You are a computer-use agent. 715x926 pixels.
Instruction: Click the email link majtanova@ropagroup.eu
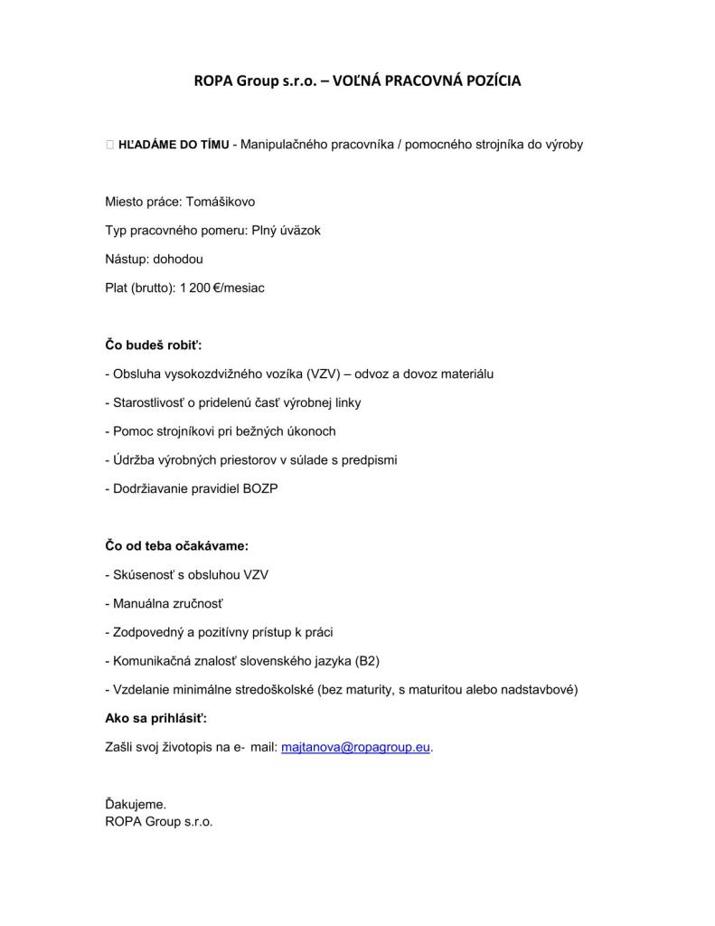[356, 748]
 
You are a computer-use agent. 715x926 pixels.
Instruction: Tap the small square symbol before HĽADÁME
[109, 144]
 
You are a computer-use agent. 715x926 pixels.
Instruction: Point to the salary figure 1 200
[194, 288]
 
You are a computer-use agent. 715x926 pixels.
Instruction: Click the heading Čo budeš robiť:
[154, 345]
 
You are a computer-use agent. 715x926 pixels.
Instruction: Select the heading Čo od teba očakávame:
[176, 545]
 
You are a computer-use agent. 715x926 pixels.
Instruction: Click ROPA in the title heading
[212, 80]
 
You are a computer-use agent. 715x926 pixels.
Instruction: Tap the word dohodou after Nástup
[178, 259]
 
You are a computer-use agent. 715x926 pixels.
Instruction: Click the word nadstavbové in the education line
[542, 689]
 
